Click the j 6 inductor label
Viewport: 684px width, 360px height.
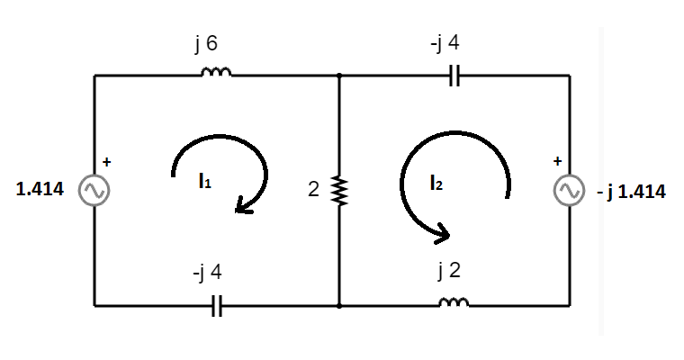[x=206, y=44]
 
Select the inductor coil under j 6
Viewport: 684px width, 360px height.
[x=216, y=72]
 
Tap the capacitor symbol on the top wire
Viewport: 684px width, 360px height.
[x=454, y=76]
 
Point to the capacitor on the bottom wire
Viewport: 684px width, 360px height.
[x=217, y=306]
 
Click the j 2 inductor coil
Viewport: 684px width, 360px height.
[x=454, y=302]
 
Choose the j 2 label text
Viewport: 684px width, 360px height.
[x=449, y=271]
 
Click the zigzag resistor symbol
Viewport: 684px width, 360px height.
[x=339, y=190]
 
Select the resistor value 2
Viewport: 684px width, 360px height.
[x=313, y=189]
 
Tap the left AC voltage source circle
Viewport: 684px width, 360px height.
[x=94, y=190]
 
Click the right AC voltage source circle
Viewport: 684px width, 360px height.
[x=570, y=190]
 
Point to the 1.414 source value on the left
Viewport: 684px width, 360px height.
[x=40, y=189]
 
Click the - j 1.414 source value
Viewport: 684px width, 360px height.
[x=631, y=192]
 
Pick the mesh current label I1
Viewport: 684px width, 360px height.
[x=204, y=181]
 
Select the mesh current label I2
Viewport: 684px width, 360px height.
[x=436, y=183]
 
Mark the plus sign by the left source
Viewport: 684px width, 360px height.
[x=107, y=162]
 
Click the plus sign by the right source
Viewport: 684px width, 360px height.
[x=557, y=161]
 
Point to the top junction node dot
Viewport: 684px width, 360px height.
[x=339, y=76]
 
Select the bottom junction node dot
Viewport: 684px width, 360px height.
[x=339, y=306]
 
